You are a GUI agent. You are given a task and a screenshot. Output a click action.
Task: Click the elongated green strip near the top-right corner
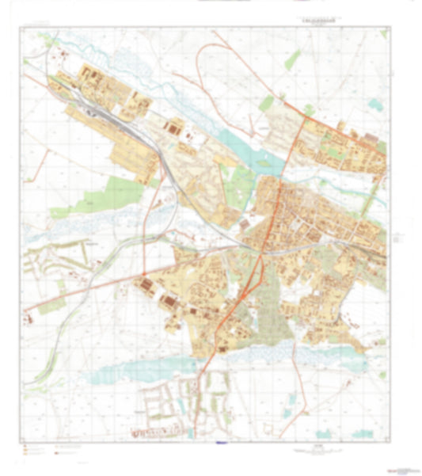tap(293, 60)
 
